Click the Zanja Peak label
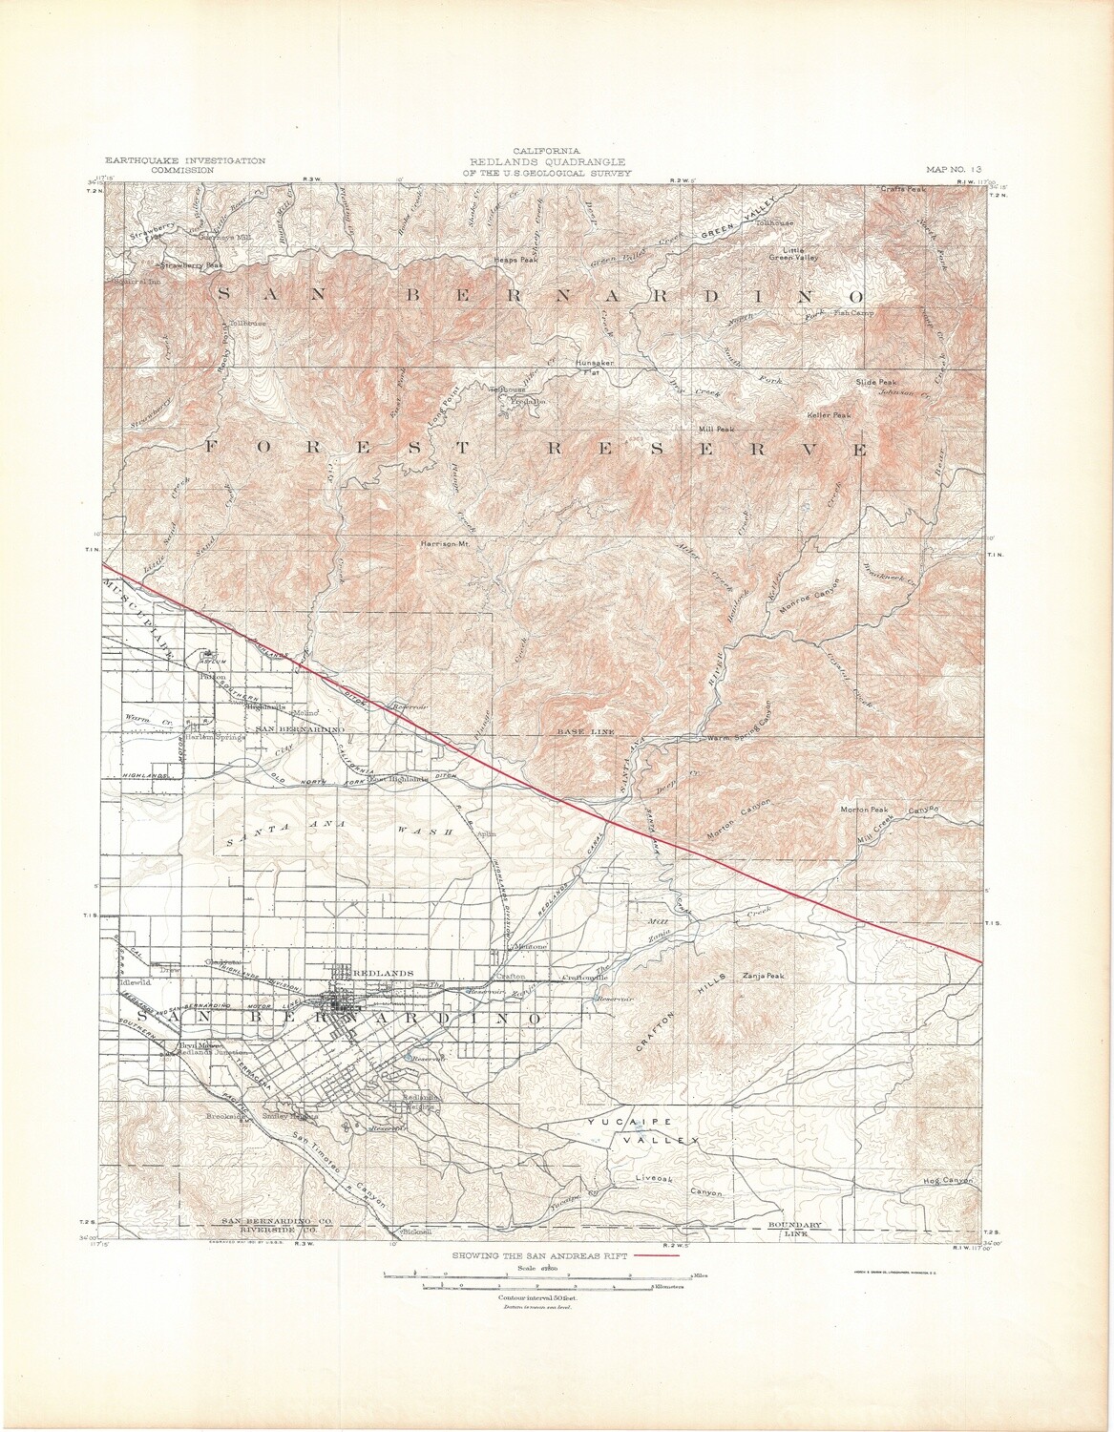(x=761, y=977)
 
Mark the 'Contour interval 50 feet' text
(x=538, y=1299)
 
